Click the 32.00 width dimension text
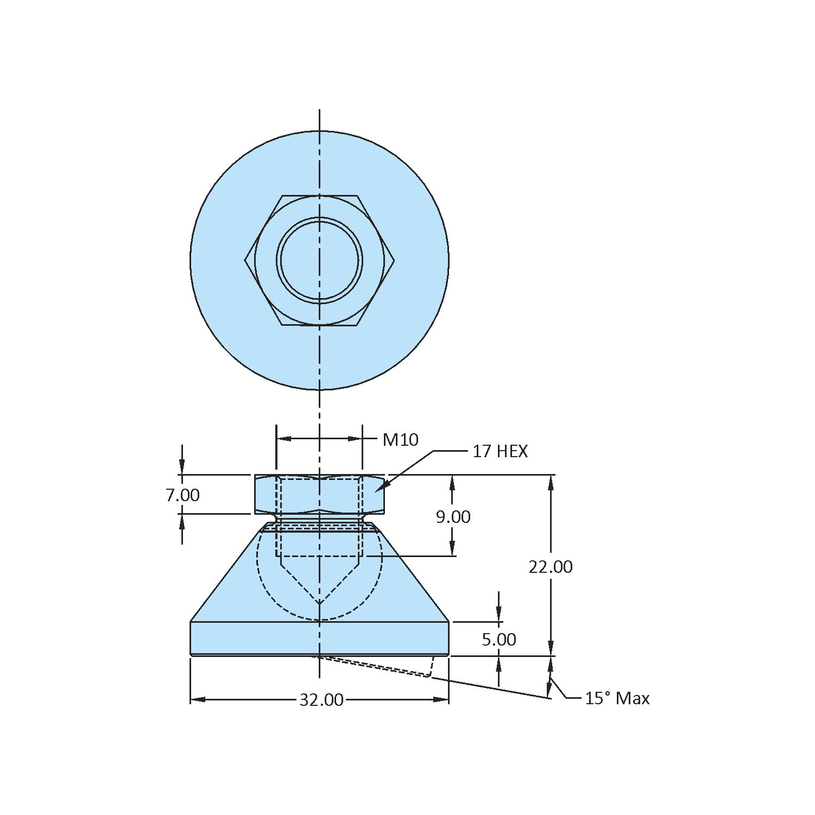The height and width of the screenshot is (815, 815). [x=321, y=700]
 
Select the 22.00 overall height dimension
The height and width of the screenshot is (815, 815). [x=551, y=567]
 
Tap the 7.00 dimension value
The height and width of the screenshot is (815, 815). [x=182, y=495]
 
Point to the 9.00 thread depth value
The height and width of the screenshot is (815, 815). [x=453, y=517]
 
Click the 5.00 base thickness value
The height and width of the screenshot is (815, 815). [x=498, y=640]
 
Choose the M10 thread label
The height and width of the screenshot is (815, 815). [x=400, y=440]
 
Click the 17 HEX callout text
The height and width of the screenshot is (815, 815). [x=500, y=451]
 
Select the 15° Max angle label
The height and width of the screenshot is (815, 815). [x=617, y=698]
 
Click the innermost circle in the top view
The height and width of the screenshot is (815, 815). [x=320, y=260]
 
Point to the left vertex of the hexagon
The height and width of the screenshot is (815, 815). [x=245, y=261]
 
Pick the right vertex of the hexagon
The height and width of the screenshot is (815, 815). [x=395, y=261]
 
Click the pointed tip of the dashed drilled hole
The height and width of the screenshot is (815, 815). [x=320, y=603]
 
